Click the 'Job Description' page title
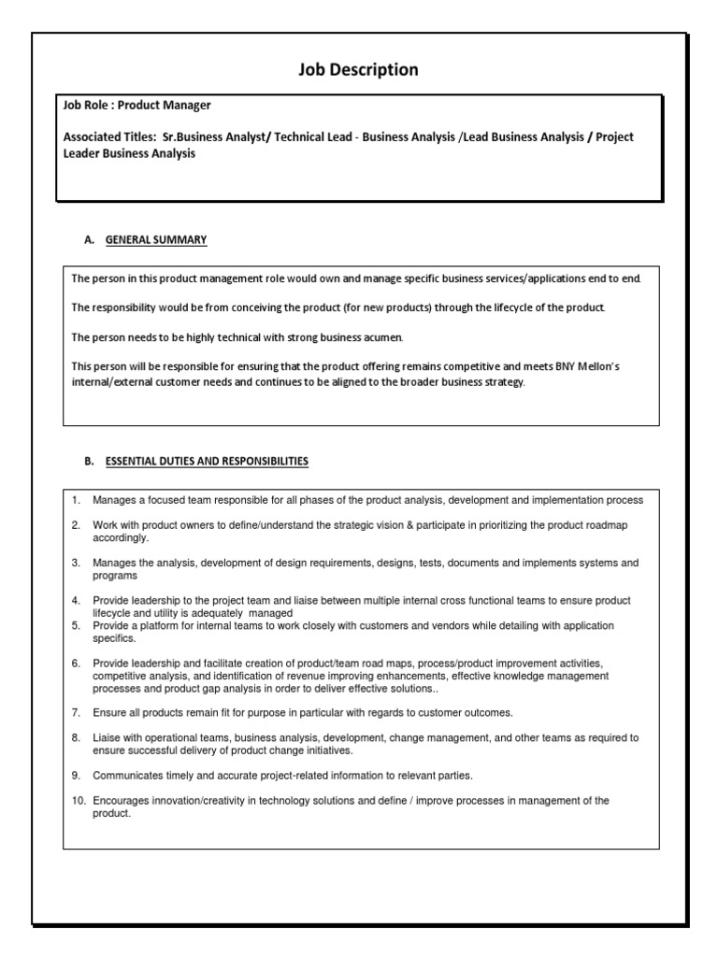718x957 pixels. pyautogui.click(x=358, y=70)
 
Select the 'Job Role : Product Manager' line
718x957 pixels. pyautogui.click(x=130, y=106)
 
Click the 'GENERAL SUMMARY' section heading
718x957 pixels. pyautogui.click(x=156, y=240)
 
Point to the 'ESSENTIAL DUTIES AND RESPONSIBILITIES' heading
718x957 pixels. pyautogui.click(x=207, y=461)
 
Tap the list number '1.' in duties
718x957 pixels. pyautogui.click(x=77, y=500)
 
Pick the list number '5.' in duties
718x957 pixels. pyautogui.click(x=77, y=625)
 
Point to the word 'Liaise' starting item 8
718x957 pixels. pyautogui.click(x=108, y=737)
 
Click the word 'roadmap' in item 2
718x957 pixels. pyautogui.click(x=605, y=525)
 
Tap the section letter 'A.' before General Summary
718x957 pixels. pyautogui.click(x=90, y=240)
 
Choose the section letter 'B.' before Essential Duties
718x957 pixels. pyautogui.click(x=90, y=461)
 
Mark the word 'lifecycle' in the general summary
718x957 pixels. pyautogui.click(x=509, y=307)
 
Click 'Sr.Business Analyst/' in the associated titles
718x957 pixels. pyautogui.click(x=213, y=136)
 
